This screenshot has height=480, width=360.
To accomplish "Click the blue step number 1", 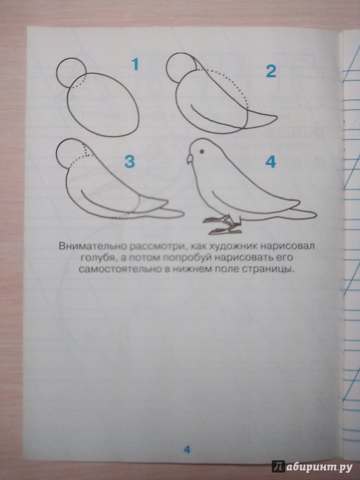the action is (x=135, y=64).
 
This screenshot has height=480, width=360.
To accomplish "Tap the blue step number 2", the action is (x=271, y=71).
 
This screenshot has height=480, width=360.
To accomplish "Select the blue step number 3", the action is (x=130, y=161).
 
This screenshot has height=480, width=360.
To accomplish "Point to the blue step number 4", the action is (x=271, y=161).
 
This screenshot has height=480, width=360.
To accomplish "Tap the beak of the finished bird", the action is (x=190, y=159).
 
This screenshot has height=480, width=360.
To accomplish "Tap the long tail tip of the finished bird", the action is (x=316, y=213).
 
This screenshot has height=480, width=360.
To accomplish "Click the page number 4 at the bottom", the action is (x=187, y=449).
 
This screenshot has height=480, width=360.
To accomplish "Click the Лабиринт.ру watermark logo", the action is (x=313, y=467).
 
